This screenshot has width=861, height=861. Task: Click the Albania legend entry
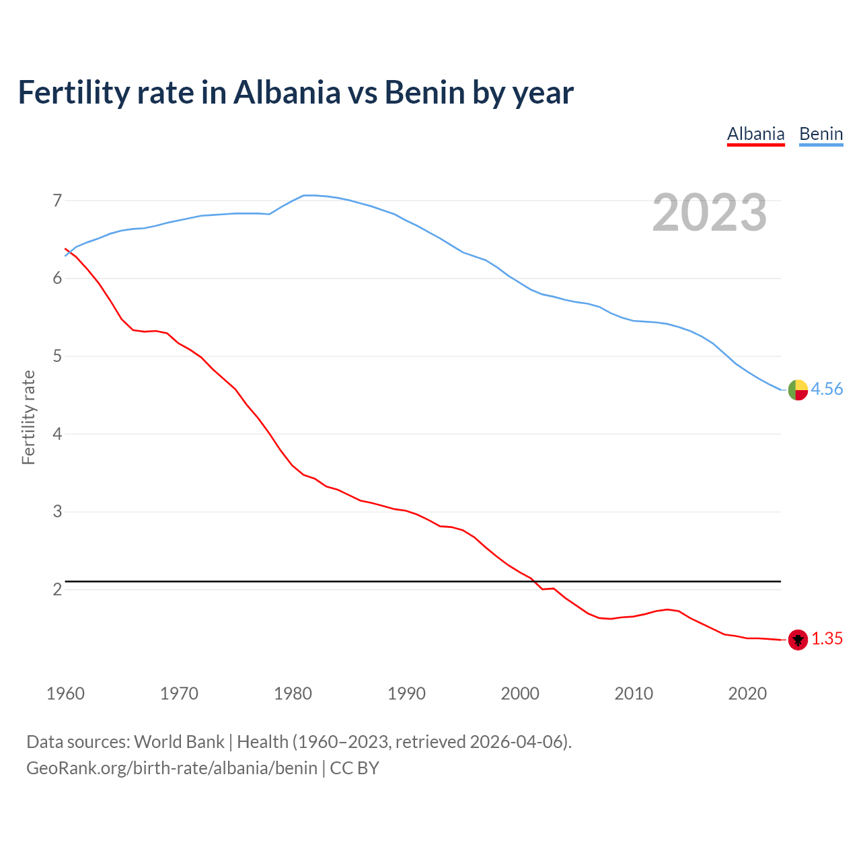pyautogui.click(x=755, y=134)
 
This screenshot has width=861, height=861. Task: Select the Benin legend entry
pyautogui.click(x=821, y=134)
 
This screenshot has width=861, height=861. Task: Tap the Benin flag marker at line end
pyautogui.click(x=798, y=389)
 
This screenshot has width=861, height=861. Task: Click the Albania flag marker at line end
pyautogui.click(x=798, y=640)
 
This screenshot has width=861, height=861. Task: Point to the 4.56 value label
pyautogui.click(x=827, y=389)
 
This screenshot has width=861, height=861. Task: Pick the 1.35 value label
pyautogui.click(x=827, y=639)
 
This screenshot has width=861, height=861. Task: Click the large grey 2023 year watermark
pyautogui.click(x=710, y=213)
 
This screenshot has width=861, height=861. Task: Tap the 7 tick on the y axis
pyautogui.click(x=57, y=200)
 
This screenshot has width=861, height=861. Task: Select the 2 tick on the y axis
pyautogui.click(x=57, y=590)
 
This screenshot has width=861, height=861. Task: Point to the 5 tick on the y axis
pyautogui.click(x=57, y=356)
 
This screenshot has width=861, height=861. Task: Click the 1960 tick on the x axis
pyautogui.click(x=65, y=694)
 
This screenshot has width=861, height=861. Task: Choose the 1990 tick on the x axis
pyautogui.click(x=406, y=694)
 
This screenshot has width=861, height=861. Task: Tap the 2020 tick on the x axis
pyautogui.click(x=747, y=694)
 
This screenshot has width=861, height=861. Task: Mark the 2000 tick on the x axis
pyautogui.click(x=520, y=694)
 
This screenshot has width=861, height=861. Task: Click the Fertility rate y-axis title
pyautogui.click(x=28, y=417)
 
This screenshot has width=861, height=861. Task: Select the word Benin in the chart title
pyautogui.click(x=424, y=92)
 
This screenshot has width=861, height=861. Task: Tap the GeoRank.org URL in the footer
pyautogui.click(x=172, y=768)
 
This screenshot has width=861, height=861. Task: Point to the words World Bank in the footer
pyautogui.click(x=179, y=742)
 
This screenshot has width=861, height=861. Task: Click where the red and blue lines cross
pyautogui.click(x=69, y=252)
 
